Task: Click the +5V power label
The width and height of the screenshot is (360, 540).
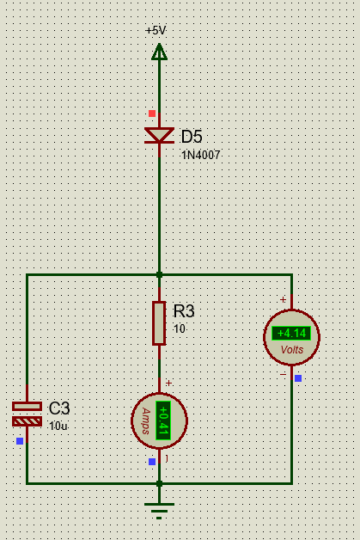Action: (156, 30)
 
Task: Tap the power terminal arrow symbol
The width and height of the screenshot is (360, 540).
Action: (159, 52)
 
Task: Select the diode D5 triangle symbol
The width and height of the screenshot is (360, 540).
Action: (159, 135)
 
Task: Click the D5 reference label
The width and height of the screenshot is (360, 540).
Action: (192, 137)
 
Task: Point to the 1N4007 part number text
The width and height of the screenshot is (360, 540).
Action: (201, 155)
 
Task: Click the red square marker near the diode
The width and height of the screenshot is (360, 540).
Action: (152, 114)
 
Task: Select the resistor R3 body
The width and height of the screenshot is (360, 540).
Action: (159, 323)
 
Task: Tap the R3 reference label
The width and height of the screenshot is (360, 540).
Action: (184, 311)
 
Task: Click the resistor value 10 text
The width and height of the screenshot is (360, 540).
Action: (180, 328)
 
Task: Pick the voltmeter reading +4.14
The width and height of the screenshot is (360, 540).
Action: (291, 334)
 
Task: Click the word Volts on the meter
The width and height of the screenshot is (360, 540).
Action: (292, 350)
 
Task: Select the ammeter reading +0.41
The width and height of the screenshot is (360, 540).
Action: (163, 420)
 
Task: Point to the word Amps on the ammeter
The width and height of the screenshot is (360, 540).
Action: (146, 420)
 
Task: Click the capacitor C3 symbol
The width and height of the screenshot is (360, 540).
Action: (27, 414)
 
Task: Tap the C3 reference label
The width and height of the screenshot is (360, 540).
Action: (59, 408)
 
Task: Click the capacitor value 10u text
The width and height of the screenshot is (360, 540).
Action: (58, 426)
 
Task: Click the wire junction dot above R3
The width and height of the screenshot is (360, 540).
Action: (159, 275)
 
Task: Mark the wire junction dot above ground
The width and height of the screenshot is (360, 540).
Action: (159, 483)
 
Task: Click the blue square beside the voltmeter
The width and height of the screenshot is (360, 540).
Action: (298, 378)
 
